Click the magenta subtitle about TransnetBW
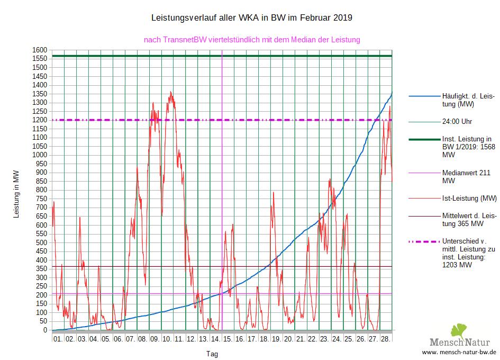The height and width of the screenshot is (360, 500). click(252, 40)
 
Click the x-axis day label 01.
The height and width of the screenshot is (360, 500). click(58, 338)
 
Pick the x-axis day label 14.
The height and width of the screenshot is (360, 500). click(215, 338)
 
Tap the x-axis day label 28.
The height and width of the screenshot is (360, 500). click(386, 338)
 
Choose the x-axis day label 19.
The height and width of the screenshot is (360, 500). click(276, 338)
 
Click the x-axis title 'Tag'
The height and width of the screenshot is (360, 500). click(212, 354)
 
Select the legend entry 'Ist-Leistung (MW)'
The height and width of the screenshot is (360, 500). click(469, 199)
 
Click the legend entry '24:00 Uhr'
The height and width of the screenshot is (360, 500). click(457, 121)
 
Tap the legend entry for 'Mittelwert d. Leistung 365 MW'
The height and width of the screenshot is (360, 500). click(469, 220)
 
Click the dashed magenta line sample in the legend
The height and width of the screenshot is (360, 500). click(424, 242)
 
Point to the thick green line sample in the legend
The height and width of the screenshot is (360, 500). click(424, 139)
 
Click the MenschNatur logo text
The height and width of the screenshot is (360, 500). click(460, 340)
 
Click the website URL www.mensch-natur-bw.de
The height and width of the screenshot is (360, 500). click(459, 352)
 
